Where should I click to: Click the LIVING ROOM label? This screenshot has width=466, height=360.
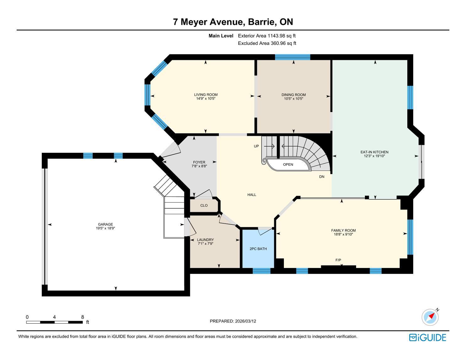click(206, 94)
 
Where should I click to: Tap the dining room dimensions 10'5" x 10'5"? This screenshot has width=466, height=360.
click(294, 99)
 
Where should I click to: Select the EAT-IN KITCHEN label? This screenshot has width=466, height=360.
click(374, 152)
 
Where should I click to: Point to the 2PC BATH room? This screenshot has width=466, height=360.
click(258, 249)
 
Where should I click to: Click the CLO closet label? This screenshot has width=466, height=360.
click(204, 206)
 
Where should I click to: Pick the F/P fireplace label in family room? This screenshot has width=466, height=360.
click(338, 260)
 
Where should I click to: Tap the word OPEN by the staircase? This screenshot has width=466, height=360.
click(288, 164)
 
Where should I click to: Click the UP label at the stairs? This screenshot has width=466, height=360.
click(256, 146)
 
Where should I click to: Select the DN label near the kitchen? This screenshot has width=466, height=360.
click(322, 177)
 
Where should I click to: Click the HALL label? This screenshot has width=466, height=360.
click(252, 195)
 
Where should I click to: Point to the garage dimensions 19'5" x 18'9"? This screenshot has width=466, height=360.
click(105, 228)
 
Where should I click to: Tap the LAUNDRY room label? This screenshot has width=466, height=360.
click(205, 240)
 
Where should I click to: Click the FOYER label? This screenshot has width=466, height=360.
click(199, 162)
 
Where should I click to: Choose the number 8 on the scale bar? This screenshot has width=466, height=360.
click(83, 317)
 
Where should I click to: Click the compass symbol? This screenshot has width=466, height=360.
click(430, 317)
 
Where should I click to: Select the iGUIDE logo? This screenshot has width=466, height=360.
click(427, 338)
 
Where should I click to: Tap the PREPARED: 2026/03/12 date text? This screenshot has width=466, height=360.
click(233, 321)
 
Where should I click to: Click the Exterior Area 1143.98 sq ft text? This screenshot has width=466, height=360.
click(267, 36)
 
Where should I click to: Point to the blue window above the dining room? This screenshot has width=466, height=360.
click(293, 57)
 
